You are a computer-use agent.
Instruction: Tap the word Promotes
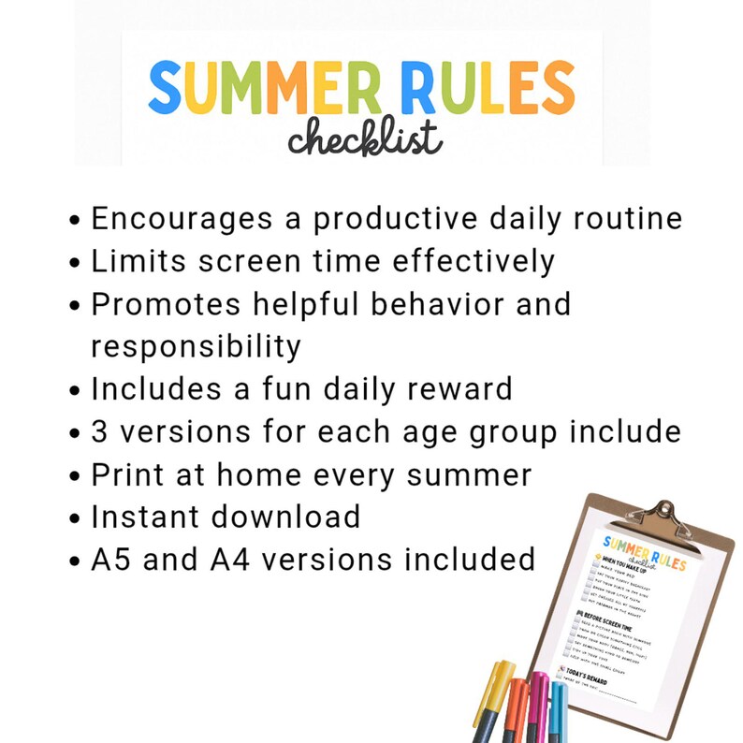coord(169,304)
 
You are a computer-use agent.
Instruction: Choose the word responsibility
coord(196,347)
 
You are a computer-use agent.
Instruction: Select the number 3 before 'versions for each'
coord(100,431)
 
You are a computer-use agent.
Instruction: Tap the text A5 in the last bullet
coord(115,559)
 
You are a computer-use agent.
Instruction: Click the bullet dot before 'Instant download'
coord(77,519)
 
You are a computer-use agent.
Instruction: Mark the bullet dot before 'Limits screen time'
coord(77,263)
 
